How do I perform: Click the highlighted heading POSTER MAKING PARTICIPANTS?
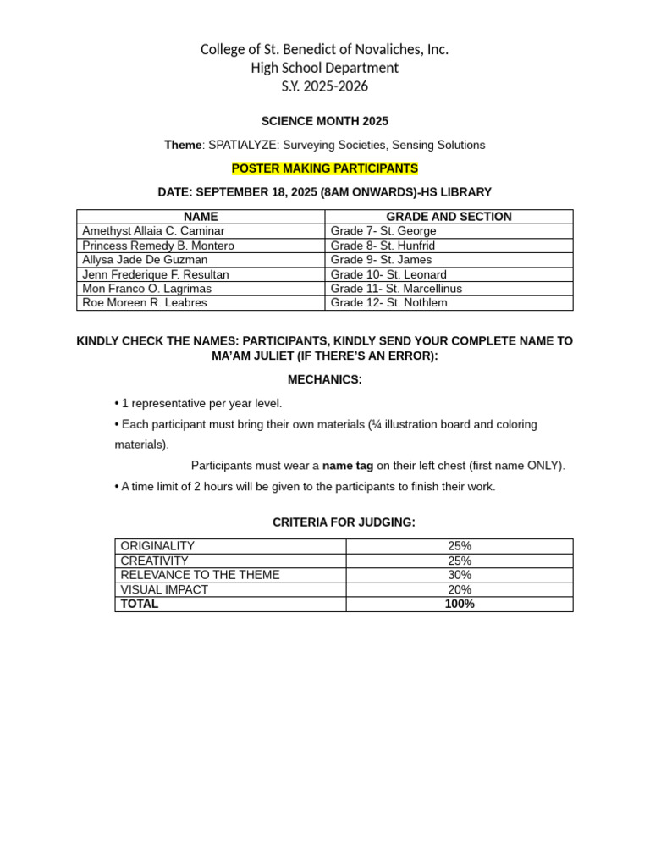pos(325,168)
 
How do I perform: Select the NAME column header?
pos(201,217)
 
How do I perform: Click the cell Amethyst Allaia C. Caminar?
pos(153,231)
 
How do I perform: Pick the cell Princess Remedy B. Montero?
pos(158,246)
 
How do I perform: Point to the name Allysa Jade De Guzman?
pos(145,260)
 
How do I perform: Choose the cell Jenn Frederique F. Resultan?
pos(156,274)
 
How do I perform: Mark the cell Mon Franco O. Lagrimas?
pos(147,289)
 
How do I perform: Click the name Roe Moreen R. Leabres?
pos(145,302)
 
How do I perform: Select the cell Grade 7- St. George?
pos(383,231)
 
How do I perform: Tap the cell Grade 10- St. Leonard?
pos(388,274)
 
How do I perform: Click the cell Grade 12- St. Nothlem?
pos(389,302)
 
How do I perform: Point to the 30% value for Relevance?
pos(460,575)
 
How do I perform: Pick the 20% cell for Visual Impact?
pos(460,589)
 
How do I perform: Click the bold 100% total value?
pos(460,604)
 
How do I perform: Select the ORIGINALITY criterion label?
pos(157,546)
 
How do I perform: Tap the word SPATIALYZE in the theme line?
pos(243,145)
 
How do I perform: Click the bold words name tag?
pos(348,465)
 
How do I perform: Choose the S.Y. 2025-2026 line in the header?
pos(325,86)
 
